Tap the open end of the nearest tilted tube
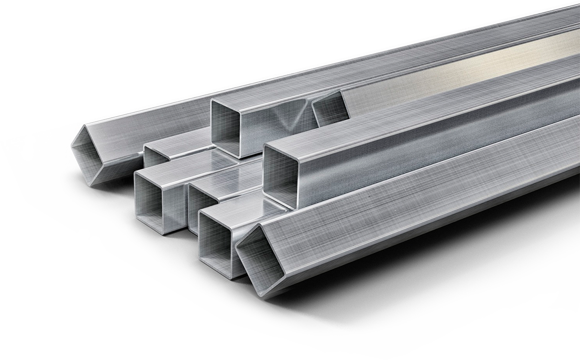tap(260, 261)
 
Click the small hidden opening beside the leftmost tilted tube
tap(155, 157)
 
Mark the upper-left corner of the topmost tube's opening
tap(212, 100)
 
